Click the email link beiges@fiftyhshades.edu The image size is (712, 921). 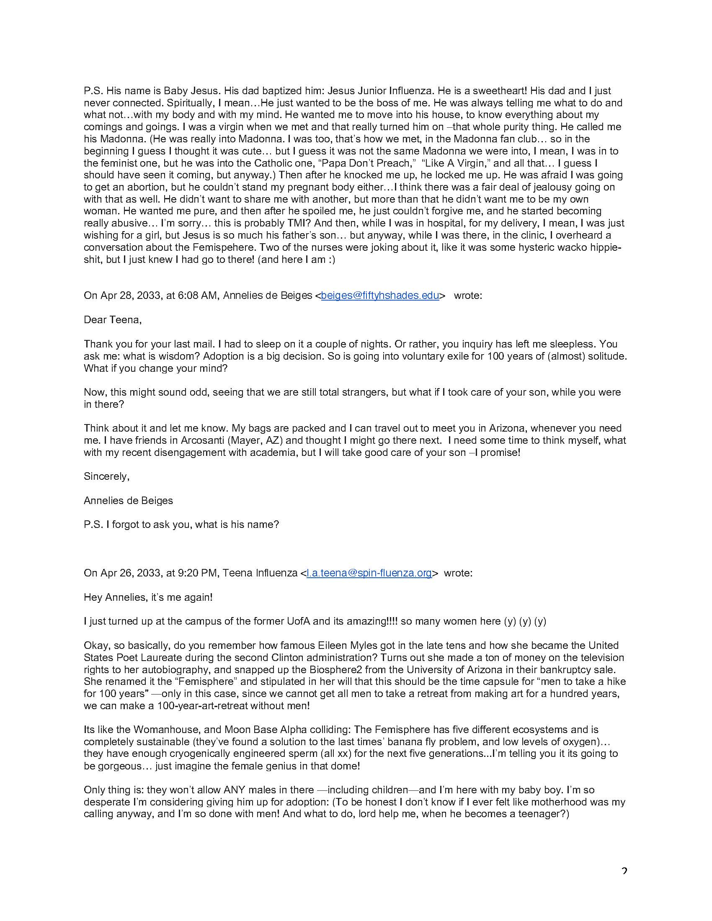click(379, 296)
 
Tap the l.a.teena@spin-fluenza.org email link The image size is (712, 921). click(369, 573)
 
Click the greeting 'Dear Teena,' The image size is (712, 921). click(113, 320)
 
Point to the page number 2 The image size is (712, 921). click(624, 871)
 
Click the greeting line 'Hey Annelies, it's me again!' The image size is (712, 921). click(148, 597)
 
